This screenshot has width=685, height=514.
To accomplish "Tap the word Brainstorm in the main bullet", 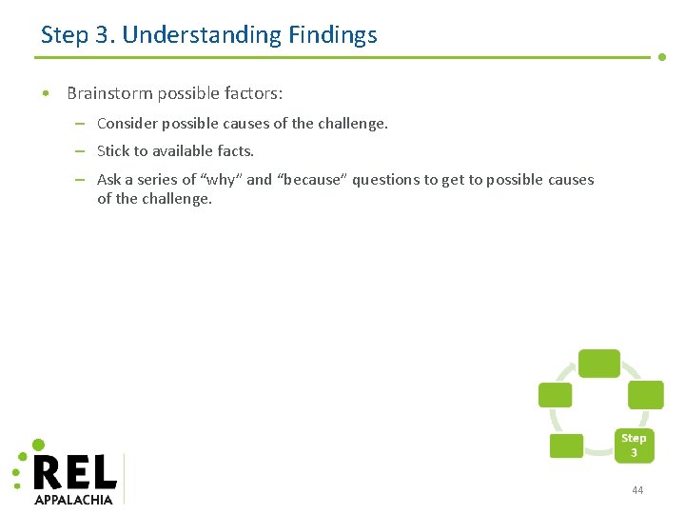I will click(111, 93).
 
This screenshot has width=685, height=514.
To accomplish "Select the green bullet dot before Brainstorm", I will click(46, 93).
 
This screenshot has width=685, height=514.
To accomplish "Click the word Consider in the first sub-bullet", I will click(127, 123).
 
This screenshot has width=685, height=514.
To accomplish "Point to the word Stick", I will click(113, 150).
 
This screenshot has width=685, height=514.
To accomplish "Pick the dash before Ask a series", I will click(80, 179).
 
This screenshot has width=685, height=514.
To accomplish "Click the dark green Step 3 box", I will click(634, 445).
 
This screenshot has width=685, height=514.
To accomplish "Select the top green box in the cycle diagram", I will click(599, 364).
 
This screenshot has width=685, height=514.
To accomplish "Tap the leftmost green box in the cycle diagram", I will click(555, 395).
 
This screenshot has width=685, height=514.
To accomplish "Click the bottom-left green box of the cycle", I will click(567, 445).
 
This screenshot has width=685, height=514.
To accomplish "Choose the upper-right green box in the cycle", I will click(645, 395).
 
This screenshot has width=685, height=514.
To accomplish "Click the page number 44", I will click(637, 490).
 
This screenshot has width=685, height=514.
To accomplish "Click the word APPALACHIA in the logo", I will click(73, 499).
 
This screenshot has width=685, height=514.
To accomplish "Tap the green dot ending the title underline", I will click(662, 57).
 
